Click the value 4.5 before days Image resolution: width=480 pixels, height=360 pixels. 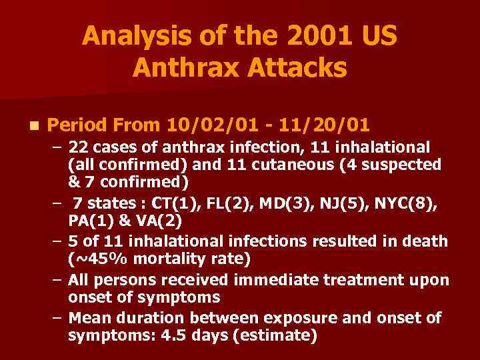pyautogui.click(x=174, y=336)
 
